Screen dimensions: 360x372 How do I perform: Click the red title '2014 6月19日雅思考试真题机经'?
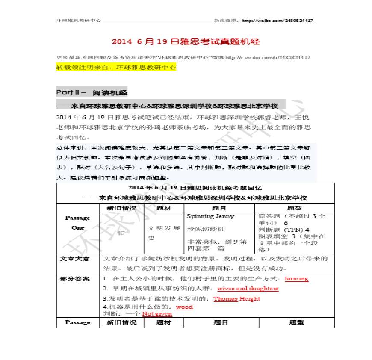(186, 42)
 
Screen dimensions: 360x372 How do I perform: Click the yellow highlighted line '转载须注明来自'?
(116, 68)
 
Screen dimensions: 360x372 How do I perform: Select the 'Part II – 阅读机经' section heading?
(92, 92)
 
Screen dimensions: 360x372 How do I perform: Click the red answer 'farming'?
(296, 279)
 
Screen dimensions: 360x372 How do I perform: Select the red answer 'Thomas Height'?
(236, 299)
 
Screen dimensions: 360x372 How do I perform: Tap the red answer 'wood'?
(184, 307)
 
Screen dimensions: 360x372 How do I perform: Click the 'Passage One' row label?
(78, 223)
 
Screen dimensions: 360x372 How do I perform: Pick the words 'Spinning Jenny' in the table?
(210, 216)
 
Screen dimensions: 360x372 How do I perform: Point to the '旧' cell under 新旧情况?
(121, 233)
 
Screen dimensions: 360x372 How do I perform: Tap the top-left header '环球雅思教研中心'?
(79, 21)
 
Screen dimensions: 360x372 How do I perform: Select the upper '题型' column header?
(295, 208)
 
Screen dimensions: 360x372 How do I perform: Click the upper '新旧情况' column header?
(121, 208)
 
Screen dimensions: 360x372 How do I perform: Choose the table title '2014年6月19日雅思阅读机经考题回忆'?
(195, 188)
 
